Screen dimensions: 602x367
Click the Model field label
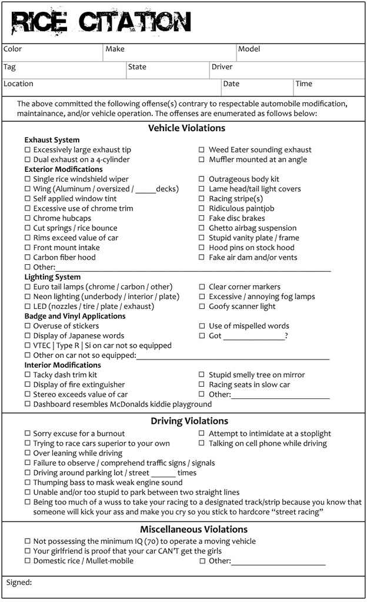[249, 49]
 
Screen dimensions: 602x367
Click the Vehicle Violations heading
[186, 128]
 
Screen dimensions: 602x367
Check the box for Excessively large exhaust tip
[28, 150]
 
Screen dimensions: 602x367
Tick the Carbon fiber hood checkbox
[28, 258]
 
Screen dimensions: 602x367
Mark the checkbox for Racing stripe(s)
[202, 199]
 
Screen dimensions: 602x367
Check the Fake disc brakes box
[202, 218]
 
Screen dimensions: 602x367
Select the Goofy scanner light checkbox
[202, 307]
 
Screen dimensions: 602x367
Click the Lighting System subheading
[52, 277]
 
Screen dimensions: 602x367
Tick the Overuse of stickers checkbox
[28, 326]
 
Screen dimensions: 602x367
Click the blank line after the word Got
[253, 337]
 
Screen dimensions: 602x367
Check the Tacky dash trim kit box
[28, 375]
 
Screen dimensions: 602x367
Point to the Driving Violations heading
[189, 421]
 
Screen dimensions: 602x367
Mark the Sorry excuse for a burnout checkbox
[28, 434]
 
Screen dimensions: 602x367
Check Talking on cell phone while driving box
[202, 444]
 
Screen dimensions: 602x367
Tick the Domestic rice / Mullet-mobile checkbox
[28, 561]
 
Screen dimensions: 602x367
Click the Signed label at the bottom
[19, 583]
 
